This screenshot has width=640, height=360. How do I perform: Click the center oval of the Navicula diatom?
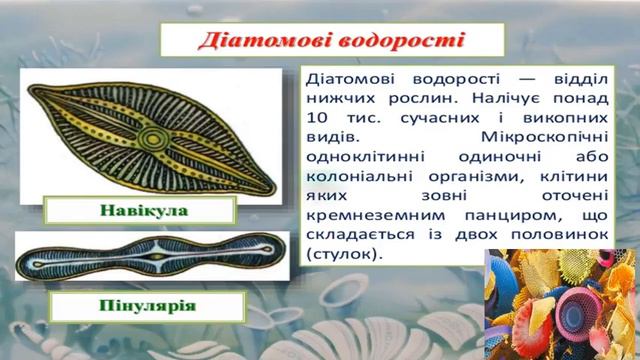coord(153,137)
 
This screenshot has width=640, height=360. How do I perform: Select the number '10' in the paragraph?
coord(318,120)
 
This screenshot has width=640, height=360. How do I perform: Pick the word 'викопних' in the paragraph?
coord(563,120)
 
